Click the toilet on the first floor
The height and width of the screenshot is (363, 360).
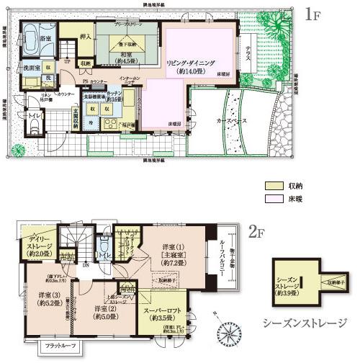point(33,126)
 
